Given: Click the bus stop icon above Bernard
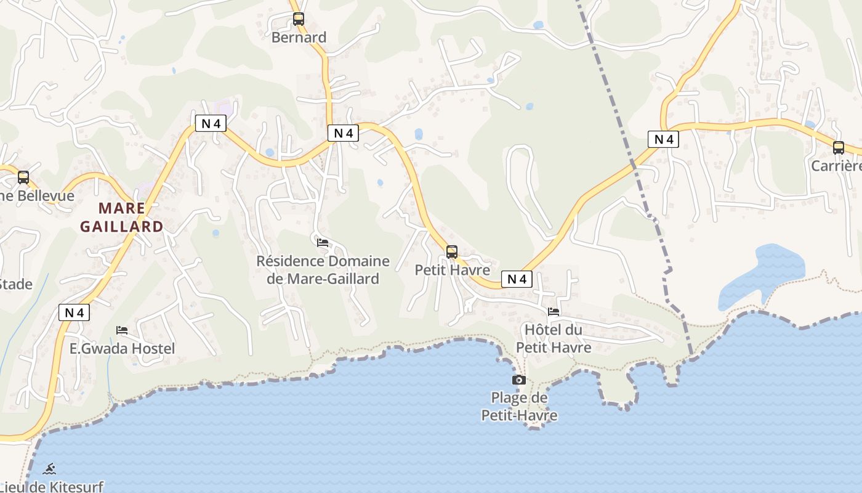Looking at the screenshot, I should (299, 19).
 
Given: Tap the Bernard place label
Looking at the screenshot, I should (299, 38).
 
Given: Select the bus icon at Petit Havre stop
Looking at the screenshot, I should (452, 252).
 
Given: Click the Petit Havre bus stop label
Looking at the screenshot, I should (452, 270).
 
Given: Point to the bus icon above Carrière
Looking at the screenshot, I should (839, 148).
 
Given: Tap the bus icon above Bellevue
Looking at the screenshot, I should (23, 177).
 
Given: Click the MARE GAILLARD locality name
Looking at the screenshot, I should (122, 217).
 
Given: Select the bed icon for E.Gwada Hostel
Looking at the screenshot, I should (122, 330).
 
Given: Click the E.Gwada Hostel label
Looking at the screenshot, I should (122, 348).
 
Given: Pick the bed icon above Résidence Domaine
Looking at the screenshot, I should (323, 243).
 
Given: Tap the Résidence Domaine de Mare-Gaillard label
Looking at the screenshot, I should (323, 269).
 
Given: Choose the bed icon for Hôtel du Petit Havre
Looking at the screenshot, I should (554, 312).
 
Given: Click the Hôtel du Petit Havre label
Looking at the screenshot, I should (554, 338).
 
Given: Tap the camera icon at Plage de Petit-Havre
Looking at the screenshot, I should (519, 380).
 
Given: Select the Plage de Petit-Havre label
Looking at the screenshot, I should (519, 406).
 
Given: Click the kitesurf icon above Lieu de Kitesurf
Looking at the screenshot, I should (50, 469).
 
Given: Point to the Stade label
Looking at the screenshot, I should (15, 284).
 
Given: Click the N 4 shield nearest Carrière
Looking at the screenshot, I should (663, 139).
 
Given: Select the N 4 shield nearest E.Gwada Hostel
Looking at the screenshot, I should (74, 312).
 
